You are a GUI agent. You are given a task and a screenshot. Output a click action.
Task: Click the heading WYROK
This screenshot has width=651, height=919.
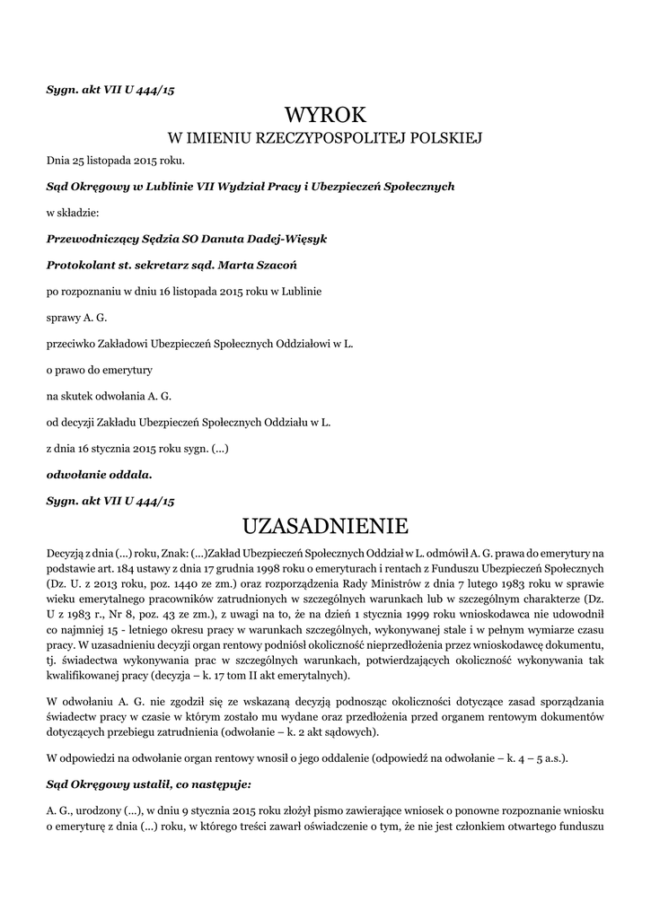[x=326, y=114]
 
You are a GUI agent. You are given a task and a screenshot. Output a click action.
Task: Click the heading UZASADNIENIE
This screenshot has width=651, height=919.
[x=326, y=525]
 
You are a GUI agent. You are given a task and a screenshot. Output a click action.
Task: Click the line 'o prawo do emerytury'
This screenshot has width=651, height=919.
[x=100, y=369]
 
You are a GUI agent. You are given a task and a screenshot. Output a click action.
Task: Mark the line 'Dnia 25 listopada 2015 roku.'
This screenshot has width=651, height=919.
[x=116, y=162]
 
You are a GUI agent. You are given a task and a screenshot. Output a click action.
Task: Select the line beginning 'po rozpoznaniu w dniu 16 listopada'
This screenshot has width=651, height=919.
[x=184, y=292]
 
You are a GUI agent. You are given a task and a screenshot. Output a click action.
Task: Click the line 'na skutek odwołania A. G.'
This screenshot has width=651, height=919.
[x=109, y=395]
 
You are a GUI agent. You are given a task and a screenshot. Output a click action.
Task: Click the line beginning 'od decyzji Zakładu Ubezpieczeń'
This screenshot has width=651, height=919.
[x=189, y=421]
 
